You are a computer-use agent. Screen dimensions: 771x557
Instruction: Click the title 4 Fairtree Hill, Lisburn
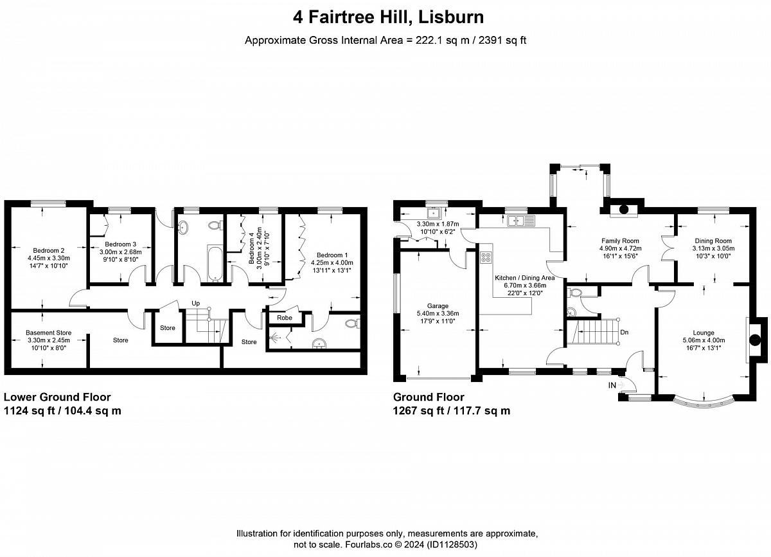tap(388, 17)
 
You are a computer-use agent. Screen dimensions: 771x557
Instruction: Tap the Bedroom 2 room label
tap(49, 251)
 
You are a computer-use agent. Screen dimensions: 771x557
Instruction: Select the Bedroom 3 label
tap(121, 244)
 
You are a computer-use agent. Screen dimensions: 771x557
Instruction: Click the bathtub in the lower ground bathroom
tap(215, 264)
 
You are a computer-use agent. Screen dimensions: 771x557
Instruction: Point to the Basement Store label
tap(49, 333)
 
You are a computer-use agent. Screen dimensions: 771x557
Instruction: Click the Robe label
tap(284, 318)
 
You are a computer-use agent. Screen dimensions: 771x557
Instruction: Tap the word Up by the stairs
tap(195, 304)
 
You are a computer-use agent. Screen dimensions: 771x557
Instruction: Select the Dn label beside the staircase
tap(625, 333)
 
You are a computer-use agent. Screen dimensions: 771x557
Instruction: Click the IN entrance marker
tap(612, 385)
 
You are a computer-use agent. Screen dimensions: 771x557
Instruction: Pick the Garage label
tap(438, 306)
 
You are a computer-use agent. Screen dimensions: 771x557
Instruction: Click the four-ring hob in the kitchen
tap(486, 257)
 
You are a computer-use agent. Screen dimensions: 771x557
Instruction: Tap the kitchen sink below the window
tap(520, 221)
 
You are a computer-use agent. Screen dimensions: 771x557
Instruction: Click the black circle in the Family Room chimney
tap(624, 209)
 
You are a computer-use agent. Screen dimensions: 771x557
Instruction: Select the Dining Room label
tap(713, 241)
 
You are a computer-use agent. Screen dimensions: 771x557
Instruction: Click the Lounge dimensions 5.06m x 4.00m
tap(704, 340)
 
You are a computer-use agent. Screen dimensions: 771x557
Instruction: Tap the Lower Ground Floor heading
tap(57, 397)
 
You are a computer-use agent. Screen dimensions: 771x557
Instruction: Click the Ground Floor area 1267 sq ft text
tap(418, 411)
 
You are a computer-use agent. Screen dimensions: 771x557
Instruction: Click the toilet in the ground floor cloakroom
tap(574, 293)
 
